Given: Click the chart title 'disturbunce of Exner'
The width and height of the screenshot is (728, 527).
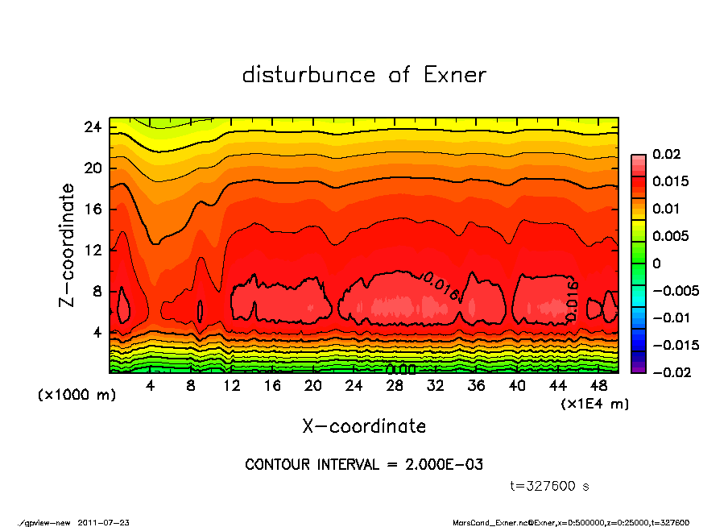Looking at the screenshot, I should coord(364,75).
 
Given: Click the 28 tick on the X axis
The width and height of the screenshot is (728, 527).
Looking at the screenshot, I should coord(395,386).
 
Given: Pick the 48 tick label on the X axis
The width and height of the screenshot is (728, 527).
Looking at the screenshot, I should coord(599,386).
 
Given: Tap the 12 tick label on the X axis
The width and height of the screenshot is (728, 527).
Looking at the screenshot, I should coord(231,386).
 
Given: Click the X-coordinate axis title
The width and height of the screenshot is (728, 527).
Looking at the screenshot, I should coord(364,425).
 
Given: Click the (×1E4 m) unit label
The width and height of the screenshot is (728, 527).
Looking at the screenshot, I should coord(595,403).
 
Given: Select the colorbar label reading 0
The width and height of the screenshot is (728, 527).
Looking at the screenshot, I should coord(656,263).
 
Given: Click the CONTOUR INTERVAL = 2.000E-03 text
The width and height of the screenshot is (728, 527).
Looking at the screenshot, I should coord(364,465).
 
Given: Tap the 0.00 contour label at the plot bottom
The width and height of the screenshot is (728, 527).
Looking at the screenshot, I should coord(400,369).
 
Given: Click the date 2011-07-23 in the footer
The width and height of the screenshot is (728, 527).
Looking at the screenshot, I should coord(103,522).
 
